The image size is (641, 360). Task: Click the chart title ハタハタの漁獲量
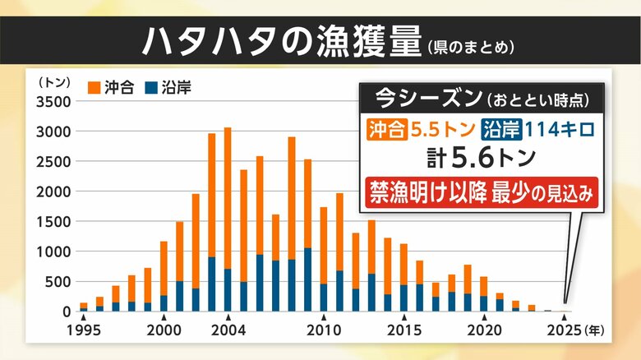(279, 40)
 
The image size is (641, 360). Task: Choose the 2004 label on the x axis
(228, 334)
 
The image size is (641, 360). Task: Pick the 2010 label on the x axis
(324, 334)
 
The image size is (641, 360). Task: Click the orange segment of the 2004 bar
(228, 197)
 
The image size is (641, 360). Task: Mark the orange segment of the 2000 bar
(164, 268)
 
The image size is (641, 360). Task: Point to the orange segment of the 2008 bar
(292, 198)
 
